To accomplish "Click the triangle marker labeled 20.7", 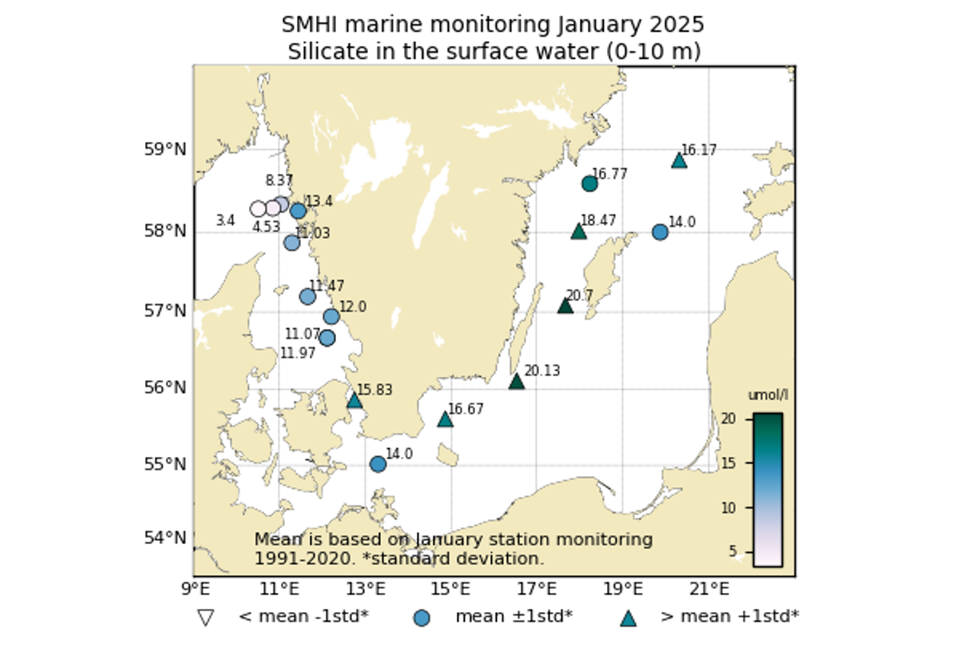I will [565, 306].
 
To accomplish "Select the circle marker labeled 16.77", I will [589, 183].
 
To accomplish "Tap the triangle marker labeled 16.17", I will [679, 160].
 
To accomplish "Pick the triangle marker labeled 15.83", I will [354, 401].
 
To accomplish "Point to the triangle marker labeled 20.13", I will [517, 382].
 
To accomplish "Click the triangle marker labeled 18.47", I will [579, 231].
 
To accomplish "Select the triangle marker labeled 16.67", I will [445, 419].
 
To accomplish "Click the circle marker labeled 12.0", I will [331, 317].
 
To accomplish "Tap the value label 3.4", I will [225, 221].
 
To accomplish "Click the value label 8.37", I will [279, 181].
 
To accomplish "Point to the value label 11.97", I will [298, 353].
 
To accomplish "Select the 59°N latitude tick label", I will [165, 149].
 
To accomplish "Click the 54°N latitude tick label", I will [165, 538].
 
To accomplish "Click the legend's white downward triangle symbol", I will [205, 617].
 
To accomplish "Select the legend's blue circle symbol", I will [421, 617].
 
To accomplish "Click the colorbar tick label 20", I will [728, 418].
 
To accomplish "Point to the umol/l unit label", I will [767, 395].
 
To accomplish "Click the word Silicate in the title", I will [325, 52].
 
